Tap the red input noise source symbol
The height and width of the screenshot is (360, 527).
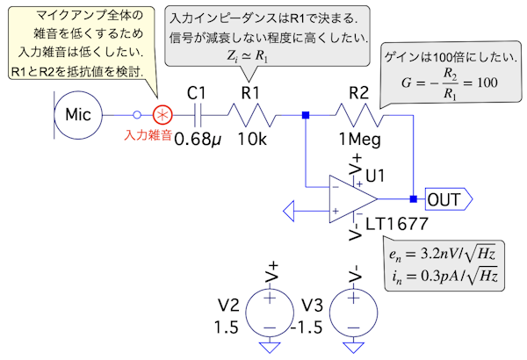click(x=162, y=114)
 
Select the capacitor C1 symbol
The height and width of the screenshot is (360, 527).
click(x=200, y=114)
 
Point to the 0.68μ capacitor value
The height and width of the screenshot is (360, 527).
click(x=199, y=139)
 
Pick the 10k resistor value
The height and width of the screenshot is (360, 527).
click(x=255, y=140)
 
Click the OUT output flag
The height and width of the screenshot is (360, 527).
click(x=449, y=199)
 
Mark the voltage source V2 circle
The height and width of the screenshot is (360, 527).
click(x=269, y=313)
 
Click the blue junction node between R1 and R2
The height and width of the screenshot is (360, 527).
click(x=306, y=114)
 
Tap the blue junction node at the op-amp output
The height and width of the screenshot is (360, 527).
click(x=412, y=199)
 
